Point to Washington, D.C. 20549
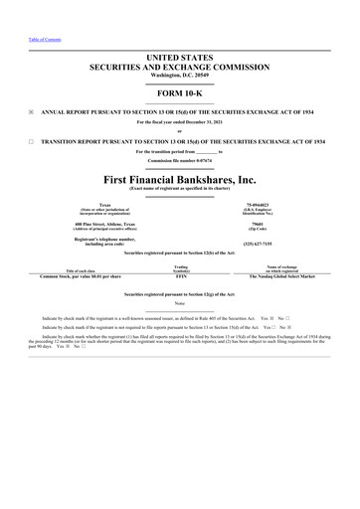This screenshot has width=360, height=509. [x=180, y=79]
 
